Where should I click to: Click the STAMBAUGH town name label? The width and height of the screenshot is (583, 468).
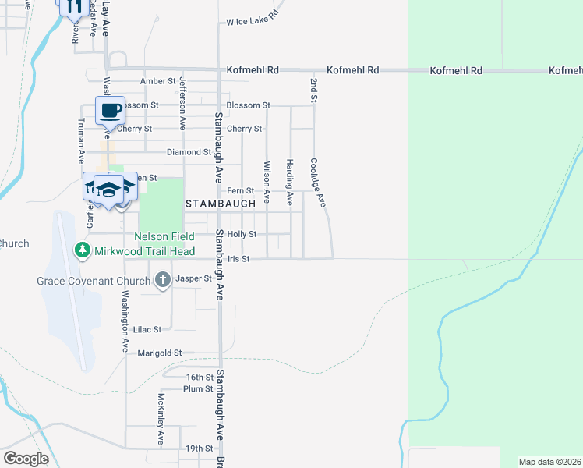(x=221, y=203)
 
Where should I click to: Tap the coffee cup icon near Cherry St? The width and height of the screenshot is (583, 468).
(x=110, y=110)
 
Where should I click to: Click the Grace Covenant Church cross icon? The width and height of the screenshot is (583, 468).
(x=162, y=279)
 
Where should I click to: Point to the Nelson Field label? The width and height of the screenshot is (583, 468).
(x=164, y=236)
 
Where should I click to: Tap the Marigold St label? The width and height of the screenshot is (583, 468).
(x=159, y=353)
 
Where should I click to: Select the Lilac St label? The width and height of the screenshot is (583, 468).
(x=147, y=330)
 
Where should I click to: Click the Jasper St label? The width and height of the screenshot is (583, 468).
(x=194, y=278)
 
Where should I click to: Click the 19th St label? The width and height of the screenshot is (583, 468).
(x=199, y=448)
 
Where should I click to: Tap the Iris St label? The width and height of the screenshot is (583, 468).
(x=239, y=259)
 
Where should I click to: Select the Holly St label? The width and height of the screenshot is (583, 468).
(x=242, y=234)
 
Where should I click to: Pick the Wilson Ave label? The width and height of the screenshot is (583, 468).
(x=267, y=178)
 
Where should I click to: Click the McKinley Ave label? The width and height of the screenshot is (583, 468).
(x=161, y=418)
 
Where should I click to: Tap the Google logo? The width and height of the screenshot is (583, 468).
(x=26, y=459)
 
